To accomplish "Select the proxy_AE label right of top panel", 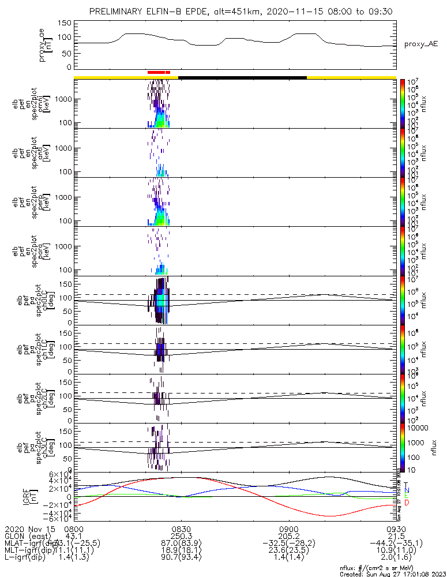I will [420, 44].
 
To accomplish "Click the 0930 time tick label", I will [396, 529].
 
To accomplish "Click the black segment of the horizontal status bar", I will [242, 77].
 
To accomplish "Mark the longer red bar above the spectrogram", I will [156, 72].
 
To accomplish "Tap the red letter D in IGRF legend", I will [407, 503].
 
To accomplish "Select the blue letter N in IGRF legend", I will [407, 490].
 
